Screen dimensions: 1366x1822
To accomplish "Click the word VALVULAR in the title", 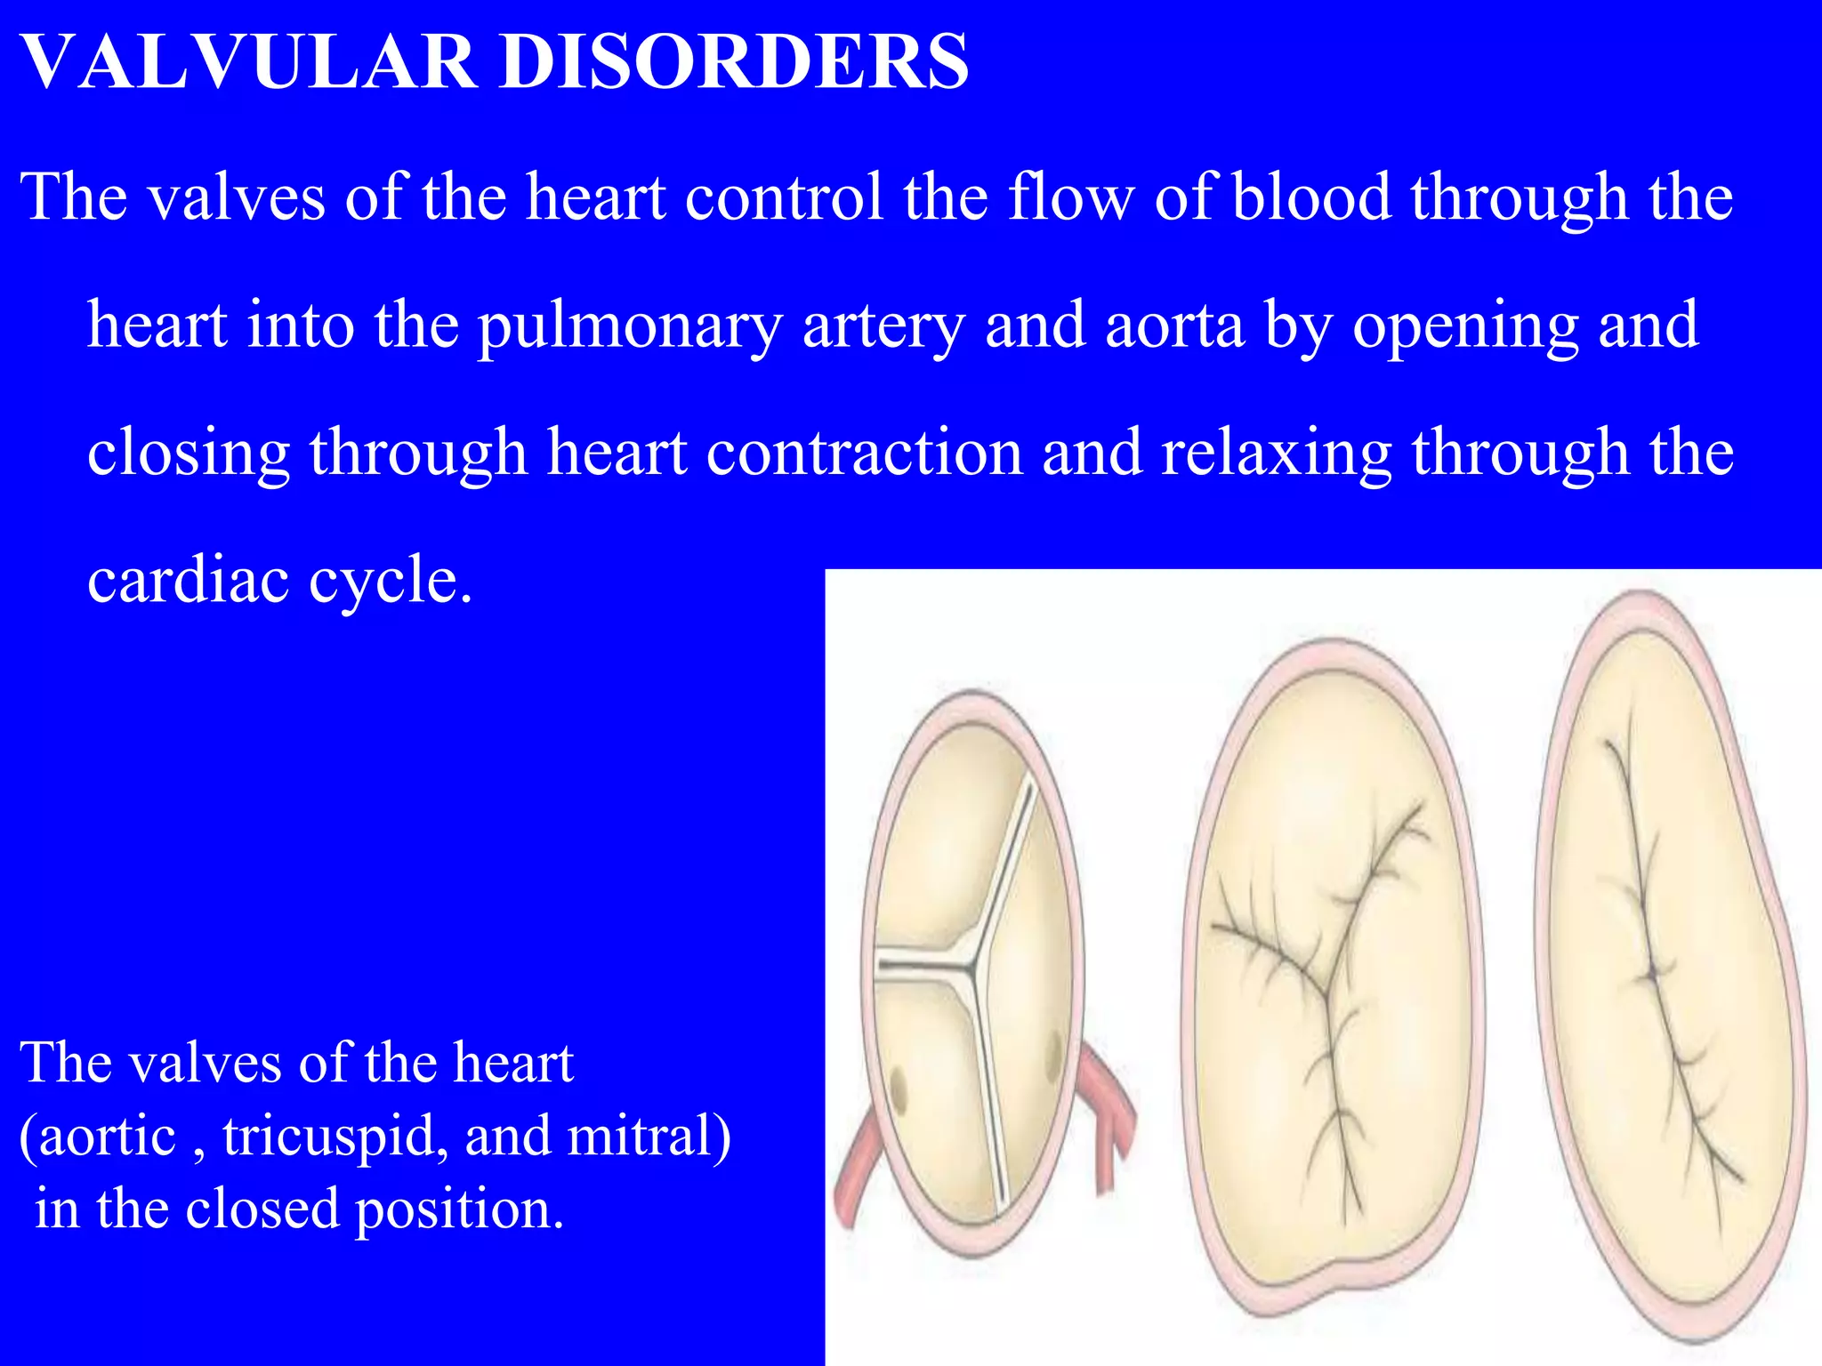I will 248,61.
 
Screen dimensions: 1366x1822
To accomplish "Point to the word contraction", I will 864,453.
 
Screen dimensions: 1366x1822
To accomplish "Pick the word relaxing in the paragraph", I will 1277,453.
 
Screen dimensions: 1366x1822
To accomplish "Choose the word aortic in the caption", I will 107,1136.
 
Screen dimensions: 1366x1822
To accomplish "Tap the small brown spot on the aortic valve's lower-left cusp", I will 898,1089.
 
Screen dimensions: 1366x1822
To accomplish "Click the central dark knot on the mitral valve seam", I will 1650,974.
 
